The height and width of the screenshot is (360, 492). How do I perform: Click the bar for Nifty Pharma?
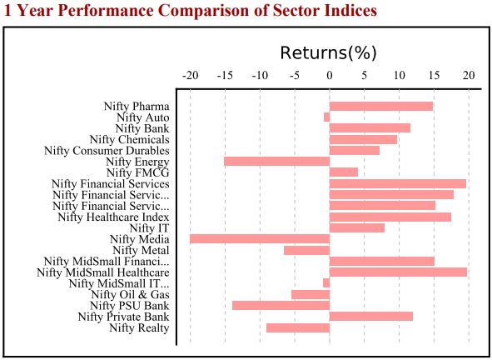(x=380, y=106)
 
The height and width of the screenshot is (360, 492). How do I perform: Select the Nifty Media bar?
(x=260, y=238)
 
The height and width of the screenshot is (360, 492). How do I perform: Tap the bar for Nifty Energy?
(x=276, y=161)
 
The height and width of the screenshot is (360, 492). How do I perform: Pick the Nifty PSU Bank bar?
(x=281, y=305)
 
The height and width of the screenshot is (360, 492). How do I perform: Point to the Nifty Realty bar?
(x=297, y=327)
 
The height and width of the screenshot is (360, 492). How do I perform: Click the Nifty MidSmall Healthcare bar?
(x=398, y=272)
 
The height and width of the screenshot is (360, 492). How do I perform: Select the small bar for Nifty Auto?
(x=326, y=117)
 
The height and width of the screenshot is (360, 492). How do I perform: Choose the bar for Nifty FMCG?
(x=343, y=172)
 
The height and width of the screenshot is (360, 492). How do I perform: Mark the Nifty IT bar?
(x=356, y=227)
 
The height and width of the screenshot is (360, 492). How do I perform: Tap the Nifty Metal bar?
(x=306, y=250)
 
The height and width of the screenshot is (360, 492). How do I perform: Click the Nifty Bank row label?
(x=142, y=128)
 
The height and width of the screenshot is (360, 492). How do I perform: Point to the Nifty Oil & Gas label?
(x=130, y=294)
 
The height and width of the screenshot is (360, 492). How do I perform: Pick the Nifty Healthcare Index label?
(x=113, y=217)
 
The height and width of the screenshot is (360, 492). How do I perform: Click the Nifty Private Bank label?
(x=123, y=317)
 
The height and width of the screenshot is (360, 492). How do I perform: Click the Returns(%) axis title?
(x=329, y=52)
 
